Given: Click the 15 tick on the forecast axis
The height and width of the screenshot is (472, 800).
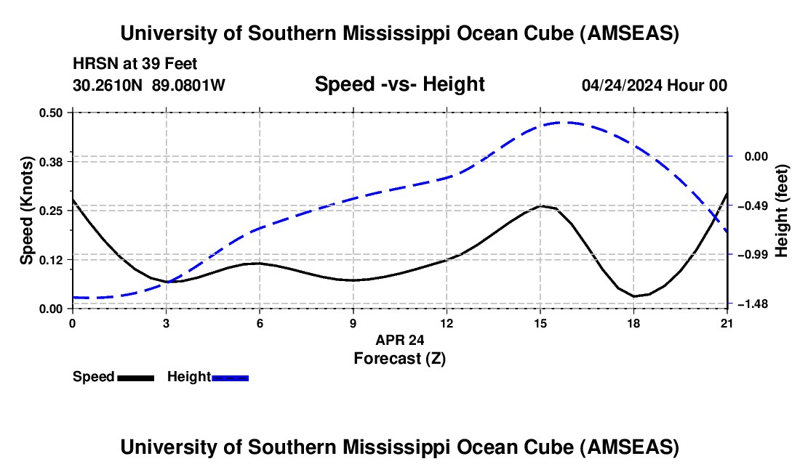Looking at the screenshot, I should (540, 324).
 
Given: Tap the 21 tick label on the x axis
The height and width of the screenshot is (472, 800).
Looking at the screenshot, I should (727, 324).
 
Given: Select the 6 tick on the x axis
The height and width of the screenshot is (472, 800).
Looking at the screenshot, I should (260, 324).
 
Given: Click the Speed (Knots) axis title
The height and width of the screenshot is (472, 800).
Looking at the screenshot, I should (27, 211).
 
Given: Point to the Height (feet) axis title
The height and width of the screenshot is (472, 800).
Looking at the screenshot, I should (781, 211).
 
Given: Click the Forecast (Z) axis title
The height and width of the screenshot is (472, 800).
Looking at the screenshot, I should (399, 358).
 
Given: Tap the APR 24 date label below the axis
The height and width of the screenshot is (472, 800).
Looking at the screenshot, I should (399, 340).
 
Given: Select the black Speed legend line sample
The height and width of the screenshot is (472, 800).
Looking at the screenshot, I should (135, 378).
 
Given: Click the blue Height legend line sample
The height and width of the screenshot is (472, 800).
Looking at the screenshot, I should (231, 378).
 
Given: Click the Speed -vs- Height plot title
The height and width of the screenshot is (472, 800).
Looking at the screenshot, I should (399, 85).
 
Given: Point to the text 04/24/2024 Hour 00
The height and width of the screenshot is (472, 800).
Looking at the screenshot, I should (654, 86).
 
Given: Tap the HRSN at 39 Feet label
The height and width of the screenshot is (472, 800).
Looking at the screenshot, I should (135, 65).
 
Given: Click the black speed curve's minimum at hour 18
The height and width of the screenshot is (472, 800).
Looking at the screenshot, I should (633, 296).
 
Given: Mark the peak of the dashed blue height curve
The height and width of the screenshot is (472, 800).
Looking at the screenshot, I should (567, 122).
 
